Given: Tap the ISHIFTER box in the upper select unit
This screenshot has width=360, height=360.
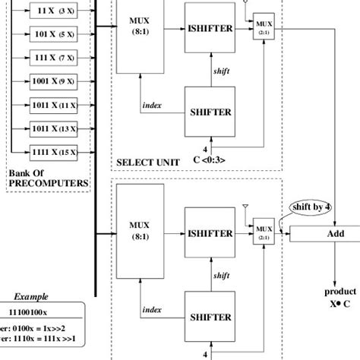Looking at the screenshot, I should tap(210, 28).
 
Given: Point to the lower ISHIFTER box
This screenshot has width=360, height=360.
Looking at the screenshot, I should tap(210, 234).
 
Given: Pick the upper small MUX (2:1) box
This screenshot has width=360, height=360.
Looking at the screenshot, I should tap(264, 21).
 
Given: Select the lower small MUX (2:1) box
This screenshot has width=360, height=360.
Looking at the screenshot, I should tap(264, 227).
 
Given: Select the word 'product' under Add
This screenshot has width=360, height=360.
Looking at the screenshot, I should tap(335, 291).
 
